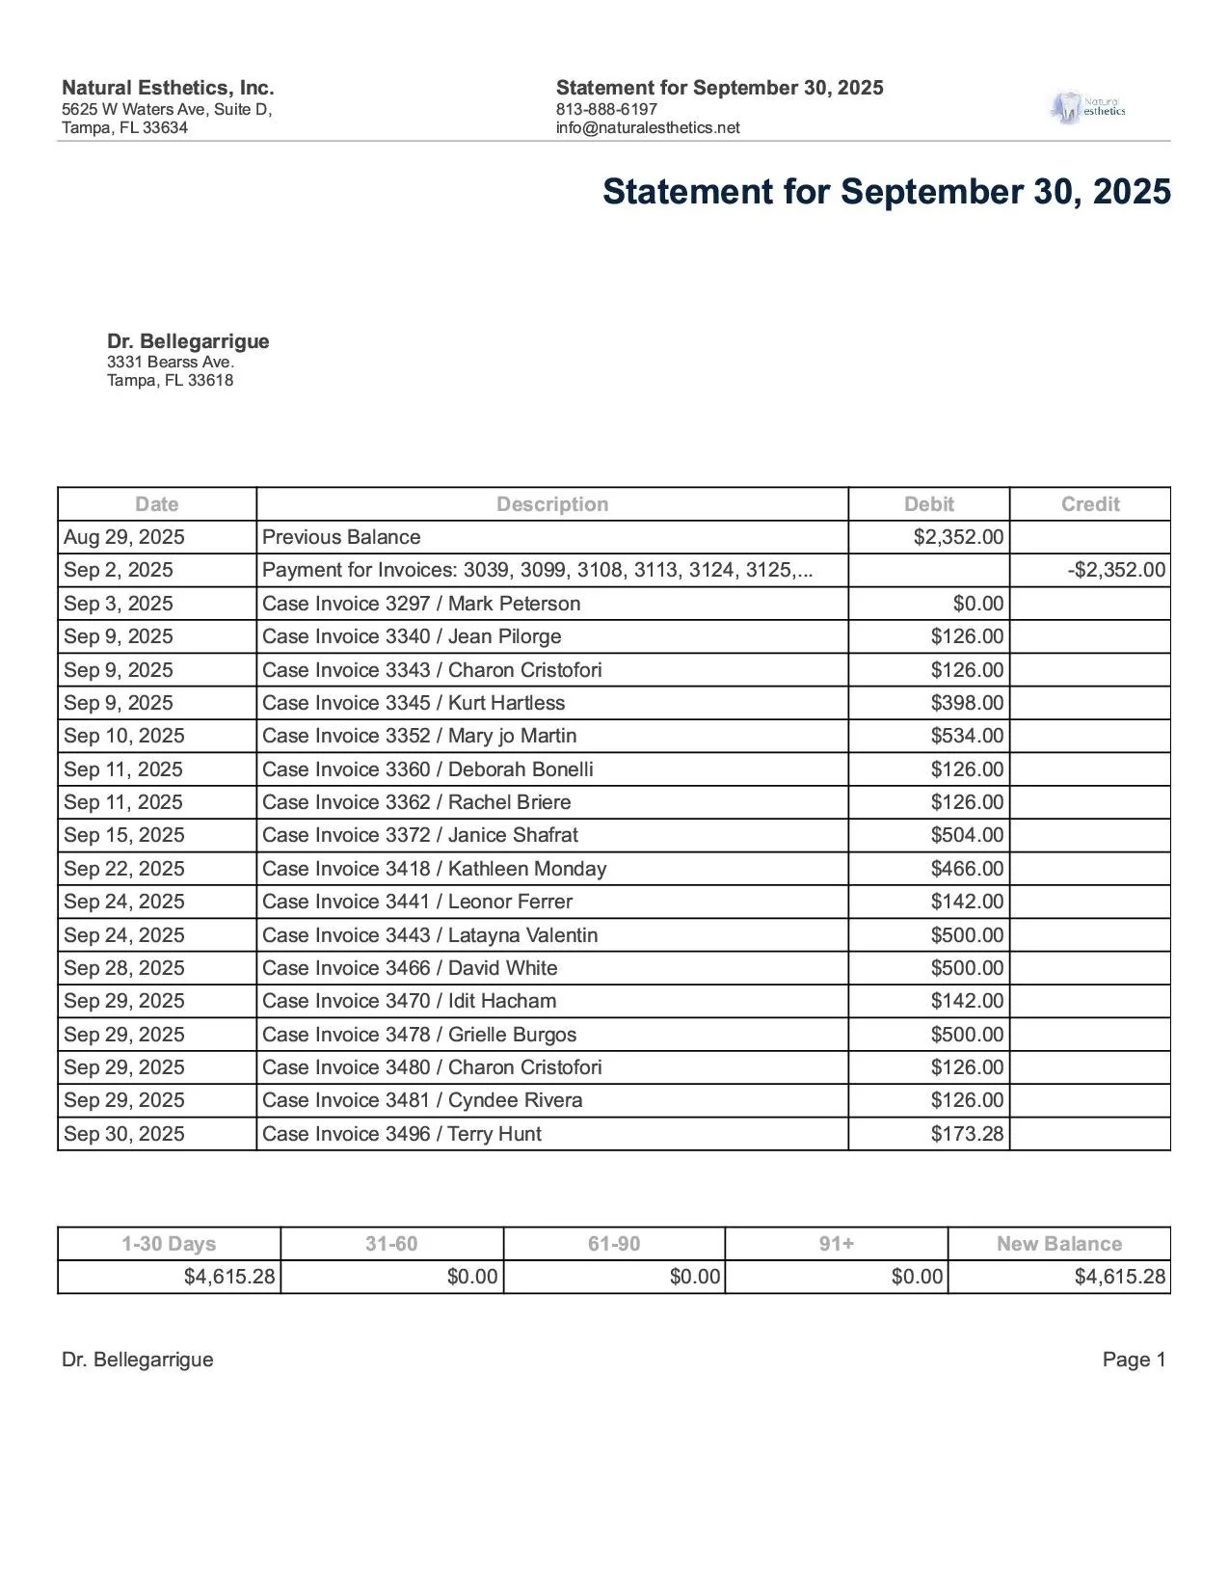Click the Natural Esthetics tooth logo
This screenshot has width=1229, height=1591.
pos(1086,107)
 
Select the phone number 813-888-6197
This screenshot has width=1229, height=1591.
pos(606,109)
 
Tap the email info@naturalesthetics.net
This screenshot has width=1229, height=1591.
pos(648,127)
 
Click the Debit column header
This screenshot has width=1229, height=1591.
pos(928,504)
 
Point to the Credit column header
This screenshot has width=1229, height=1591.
pos(1089,504)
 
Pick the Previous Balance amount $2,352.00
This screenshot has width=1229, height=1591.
pos(958,537)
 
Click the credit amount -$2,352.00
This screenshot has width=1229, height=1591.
pos(1116,570)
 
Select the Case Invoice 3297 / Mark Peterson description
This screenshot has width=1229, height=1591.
pos(421,604)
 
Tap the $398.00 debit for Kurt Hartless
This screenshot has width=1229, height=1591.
pos(967,703)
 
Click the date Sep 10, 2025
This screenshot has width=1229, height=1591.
pos(124,736)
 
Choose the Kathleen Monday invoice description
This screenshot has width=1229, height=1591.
pos(434,869)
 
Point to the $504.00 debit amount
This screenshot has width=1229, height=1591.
pos(967,835)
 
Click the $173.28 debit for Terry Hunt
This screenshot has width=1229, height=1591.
pos(967,1134)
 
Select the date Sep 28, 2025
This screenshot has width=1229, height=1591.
pos(124,968)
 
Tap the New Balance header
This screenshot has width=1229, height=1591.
pos(1058,1244)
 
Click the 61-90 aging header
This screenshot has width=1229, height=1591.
pos(614,1244)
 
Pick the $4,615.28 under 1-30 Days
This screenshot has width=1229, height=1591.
pos(229,1278)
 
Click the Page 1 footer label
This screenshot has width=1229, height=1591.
pos(1134,1360)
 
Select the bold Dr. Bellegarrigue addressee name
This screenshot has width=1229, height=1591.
pos(188,341)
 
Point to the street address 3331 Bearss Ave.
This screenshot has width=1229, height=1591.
pos(171,362)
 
